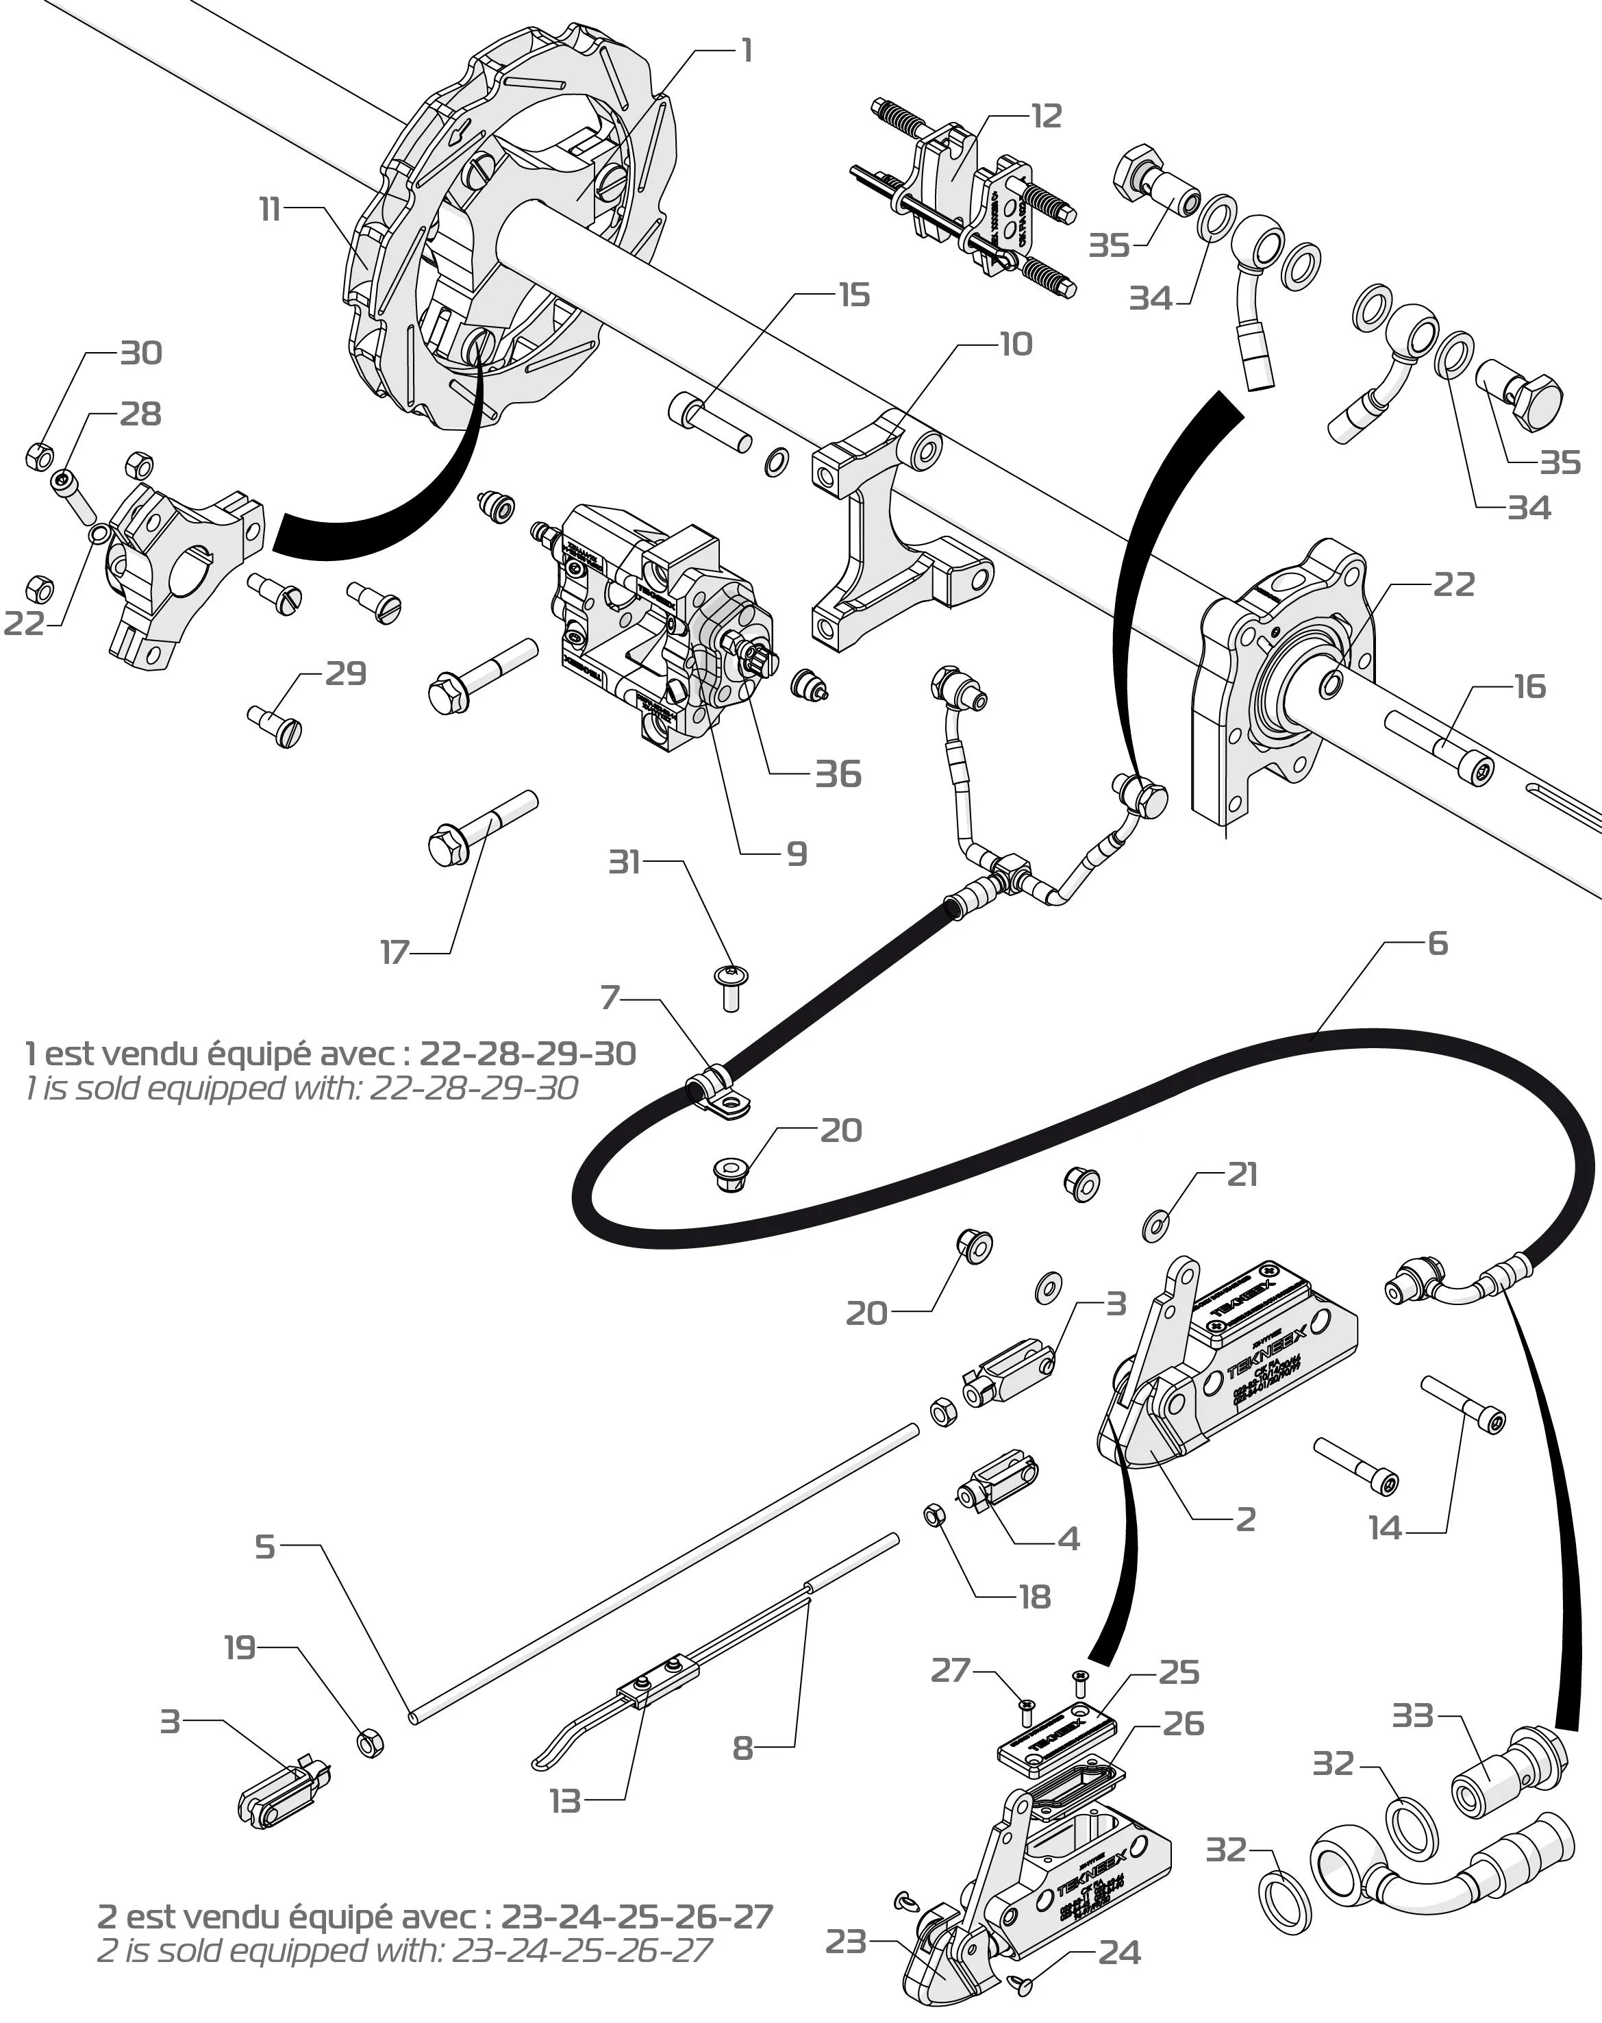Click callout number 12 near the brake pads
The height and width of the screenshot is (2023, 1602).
(1045, 117)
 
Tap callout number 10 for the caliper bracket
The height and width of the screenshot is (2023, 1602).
(1016, 345)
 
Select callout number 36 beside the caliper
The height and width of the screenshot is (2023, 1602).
(838, 774)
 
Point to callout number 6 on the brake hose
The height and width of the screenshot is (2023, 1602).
(1438, 943)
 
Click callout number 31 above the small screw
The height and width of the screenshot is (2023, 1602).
(625, 860)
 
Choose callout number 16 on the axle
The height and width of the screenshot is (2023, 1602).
(1530, 687)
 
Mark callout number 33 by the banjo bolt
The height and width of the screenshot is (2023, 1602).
(1412, 1716)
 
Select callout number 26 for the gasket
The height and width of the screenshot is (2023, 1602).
(1183, 1724)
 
